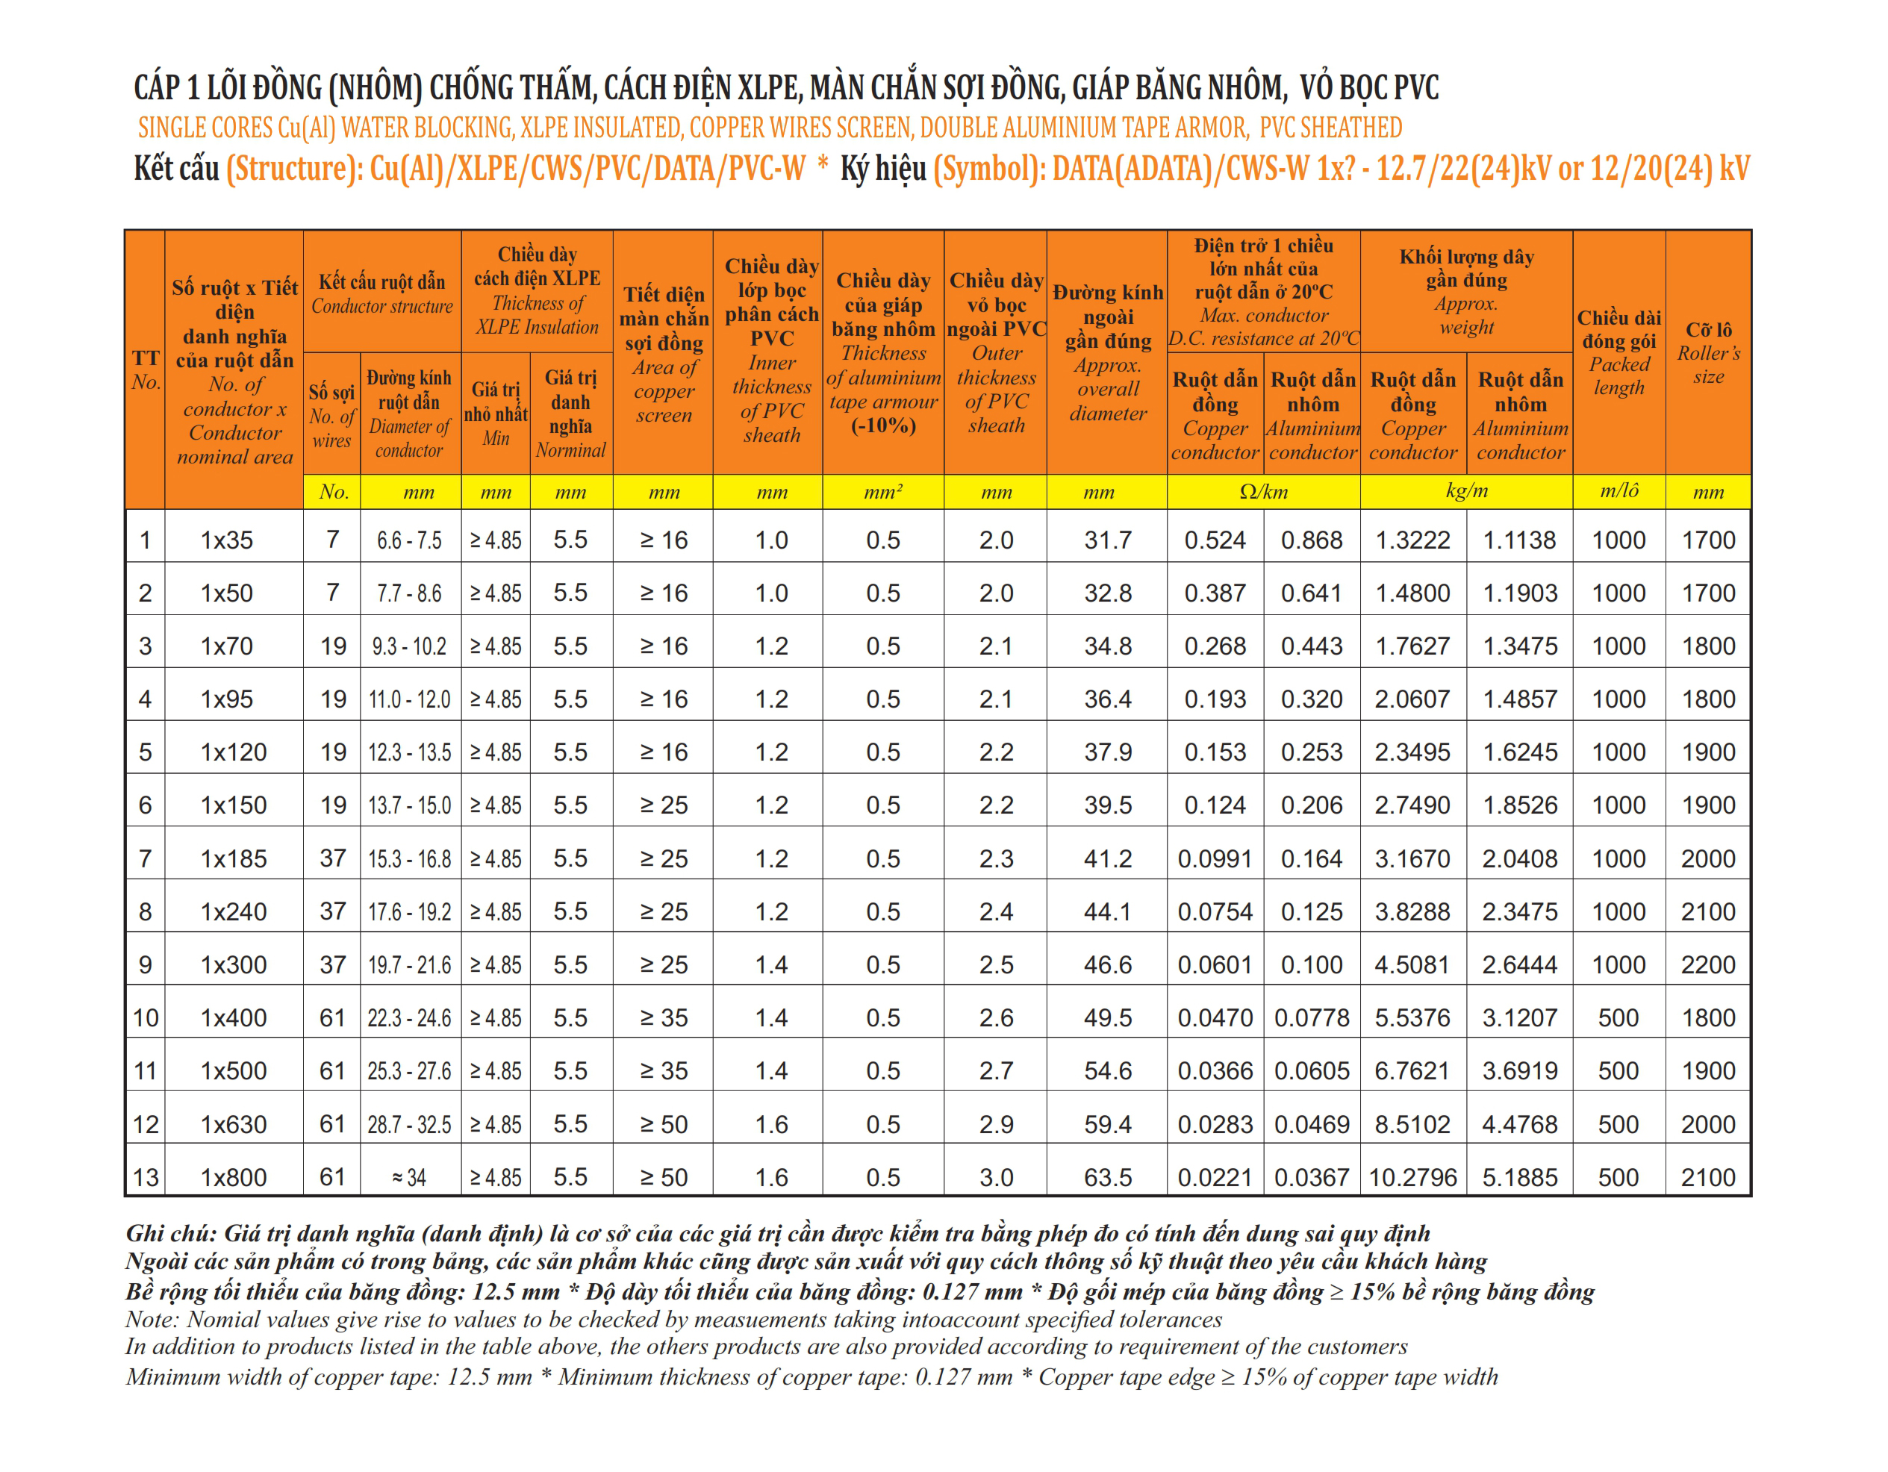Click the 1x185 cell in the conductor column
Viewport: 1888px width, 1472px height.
(234, 858)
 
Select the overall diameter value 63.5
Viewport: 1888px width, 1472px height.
(1107, 1177)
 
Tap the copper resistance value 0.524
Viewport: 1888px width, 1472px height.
(1215, 540)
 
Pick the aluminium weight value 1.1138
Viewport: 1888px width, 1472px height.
(1519, 540)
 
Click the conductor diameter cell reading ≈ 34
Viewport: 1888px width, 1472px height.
(409, 1177)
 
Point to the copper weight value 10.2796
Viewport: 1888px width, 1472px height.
(1412, 1177)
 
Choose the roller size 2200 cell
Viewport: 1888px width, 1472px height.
(1707, 964)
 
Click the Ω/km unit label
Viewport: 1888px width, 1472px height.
(1263, 492)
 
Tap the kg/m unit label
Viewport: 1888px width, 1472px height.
(1466, 491)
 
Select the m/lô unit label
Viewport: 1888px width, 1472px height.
(1618, 491)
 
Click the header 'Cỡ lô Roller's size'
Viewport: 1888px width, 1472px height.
(1708, 352)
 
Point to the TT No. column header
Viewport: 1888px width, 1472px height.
(146, 370)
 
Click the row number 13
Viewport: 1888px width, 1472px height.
(146, 1177)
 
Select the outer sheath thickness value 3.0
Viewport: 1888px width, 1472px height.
(996, 1177)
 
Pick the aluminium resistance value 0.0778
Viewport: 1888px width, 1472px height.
(1312, 1018)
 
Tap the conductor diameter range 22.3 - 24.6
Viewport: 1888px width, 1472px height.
(409, 1018)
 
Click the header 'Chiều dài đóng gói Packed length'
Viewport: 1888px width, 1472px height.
(1618, 352)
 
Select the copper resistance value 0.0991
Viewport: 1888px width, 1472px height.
(1215, 858)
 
